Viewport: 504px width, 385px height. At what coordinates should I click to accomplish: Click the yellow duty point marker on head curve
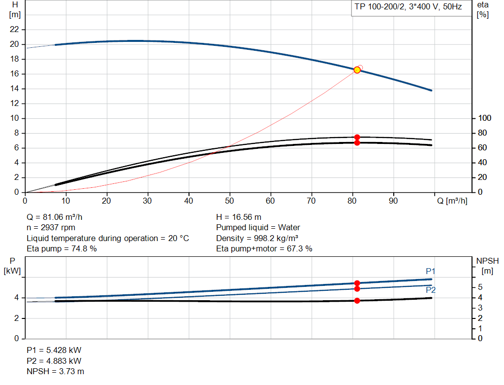(x=357, y=70)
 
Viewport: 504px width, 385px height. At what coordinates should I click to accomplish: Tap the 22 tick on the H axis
(x=15, y=30)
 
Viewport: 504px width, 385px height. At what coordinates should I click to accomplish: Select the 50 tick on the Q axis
(x=229, y=201)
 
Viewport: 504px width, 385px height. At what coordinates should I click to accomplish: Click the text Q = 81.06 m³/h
(x=58, y=217)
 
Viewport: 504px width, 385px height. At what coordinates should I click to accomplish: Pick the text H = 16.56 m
(x=239, y=217)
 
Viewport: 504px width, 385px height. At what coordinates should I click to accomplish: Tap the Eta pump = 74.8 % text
(x=62, y=249)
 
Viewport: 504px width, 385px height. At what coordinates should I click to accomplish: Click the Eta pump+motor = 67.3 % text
(x=264, y=249)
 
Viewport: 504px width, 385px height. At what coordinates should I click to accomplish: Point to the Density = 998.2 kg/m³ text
(x=257, y=238)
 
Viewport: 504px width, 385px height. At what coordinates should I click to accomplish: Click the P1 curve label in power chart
(x=431, y=271)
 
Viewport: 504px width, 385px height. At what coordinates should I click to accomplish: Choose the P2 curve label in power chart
(x=431, y=290)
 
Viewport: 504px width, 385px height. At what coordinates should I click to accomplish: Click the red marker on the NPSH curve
(x=357, y=301)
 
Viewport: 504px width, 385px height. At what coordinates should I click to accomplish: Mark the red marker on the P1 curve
(x=357, y=283)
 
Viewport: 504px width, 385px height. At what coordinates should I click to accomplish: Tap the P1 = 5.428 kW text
(x=54, y=350)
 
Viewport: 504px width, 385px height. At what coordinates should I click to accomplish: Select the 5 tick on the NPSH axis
(x=480, y=287)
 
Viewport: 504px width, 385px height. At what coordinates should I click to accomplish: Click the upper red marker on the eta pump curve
(x=357, y=137)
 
